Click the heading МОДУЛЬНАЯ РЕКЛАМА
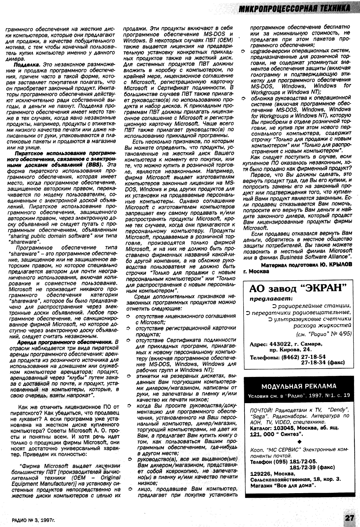pos(299,386)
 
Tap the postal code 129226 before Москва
pos(260,473)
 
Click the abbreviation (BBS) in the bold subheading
pos(93,164)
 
